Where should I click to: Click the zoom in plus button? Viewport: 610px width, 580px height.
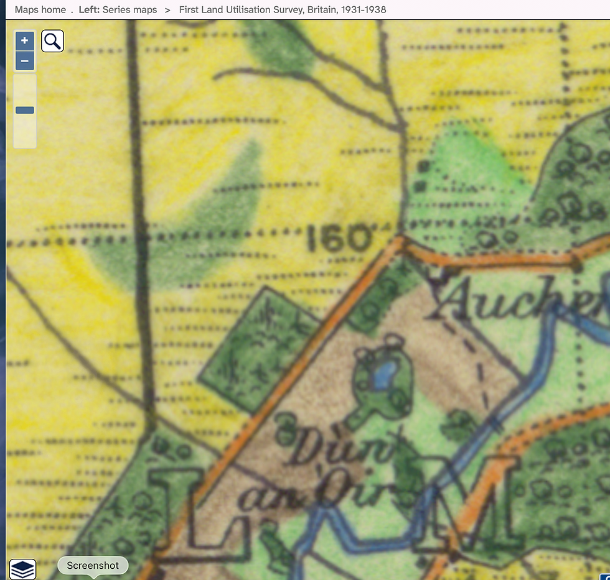24,41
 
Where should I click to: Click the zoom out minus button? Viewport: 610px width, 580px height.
24,61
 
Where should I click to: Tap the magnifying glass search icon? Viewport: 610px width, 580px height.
53,42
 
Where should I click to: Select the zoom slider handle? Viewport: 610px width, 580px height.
25,110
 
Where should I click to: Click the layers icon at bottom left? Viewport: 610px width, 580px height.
22,569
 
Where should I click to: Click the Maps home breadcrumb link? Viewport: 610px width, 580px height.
40,10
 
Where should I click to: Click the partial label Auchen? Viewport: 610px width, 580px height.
517,303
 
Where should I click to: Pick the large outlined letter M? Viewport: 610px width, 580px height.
479,504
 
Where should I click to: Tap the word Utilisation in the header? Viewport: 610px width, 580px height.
245,10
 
